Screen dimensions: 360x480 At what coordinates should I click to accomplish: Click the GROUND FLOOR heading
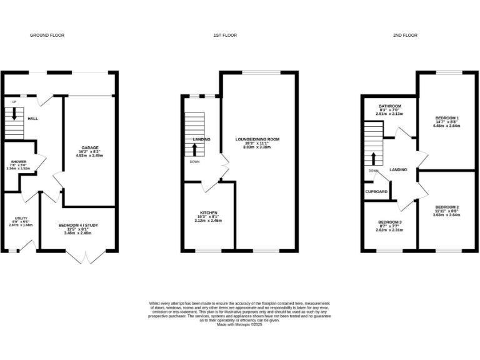click(x=47, y=36)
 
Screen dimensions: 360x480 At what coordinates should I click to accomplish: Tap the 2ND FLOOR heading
click(x=405, y=36)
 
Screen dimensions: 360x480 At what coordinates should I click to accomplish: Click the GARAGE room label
click(x=89, y=148)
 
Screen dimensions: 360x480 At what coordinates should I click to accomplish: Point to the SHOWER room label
click(x=19, y=162)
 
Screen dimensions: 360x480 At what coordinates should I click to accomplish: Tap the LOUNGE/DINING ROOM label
click(x=257, y=139)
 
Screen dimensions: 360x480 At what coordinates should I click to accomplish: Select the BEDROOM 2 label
click(x=447, y=207)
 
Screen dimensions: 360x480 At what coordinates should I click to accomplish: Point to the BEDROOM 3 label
click(x=389, y=222)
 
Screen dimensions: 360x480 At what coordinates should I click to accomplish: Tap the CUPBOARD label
click(x=376, y=191)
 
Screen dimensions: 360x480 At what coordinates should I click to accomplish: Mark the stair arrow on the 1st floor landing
click(x=196, y=149)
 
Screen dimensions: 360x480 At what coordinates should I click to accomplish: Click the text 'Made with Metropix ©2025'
click(x=239, y=324)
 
